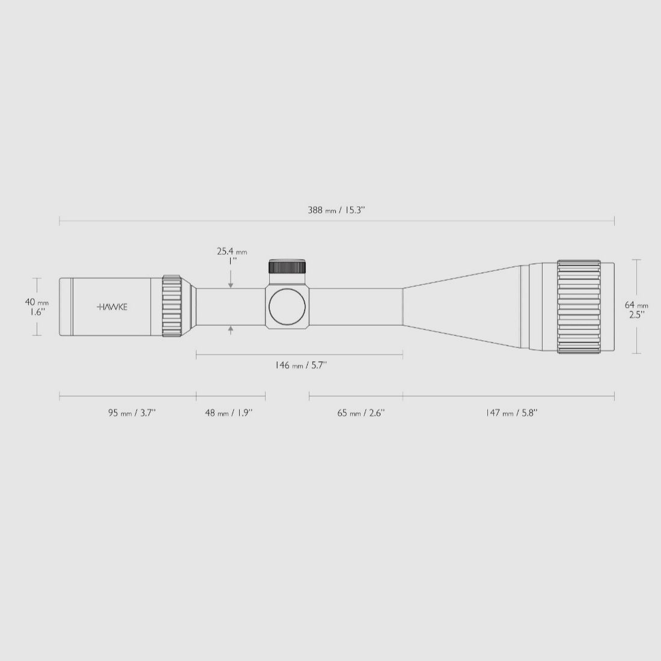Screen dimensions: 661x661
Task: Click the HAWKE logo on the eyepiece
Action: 112,306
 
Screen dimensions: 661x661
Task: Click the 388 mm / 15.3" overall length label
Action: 337,210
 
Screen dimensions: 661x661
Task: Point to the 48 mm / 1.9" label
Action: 229,413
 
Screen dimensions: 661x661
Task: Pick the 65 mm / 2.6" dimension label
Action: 361,413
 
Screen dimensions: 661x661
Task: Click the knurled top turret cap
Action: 287,267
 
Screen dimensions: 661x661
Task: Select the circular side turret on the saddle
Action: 287,306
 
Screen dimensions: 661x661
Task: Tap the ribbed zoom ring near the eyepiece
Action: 172,306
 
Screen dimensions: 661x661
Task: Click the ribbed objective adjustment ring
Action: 579,306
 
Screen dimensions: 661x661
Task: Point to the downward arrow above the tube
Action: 231,284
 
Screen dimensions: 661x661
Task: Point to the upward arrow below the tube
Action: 231,330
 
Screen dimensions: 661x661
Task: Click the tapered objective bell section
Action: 463,306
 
